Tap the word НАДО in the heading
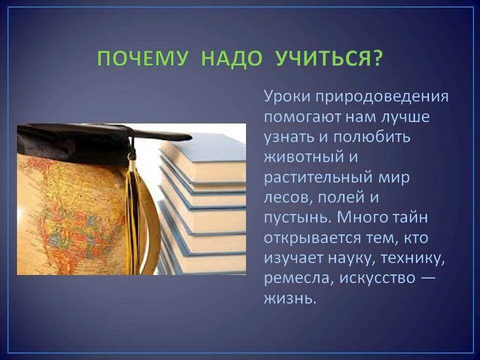point(231,59)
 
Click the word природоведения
point(380,96)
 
